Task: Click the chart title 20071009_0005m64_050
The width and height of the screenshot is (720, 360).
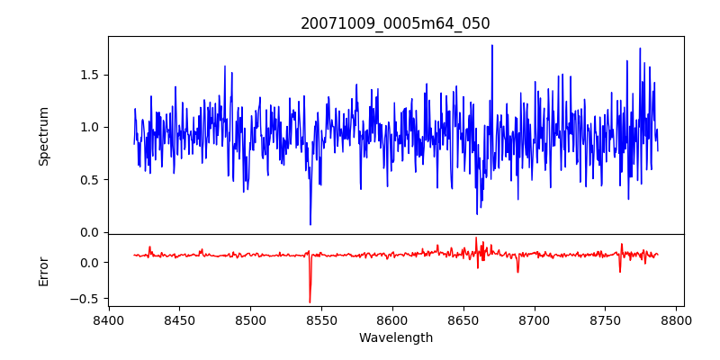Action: (395, 24)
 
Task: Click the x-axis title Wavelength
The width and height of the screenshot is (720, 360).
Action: (395, 337)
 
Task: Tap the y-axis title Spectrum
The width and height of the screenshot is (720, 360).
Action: (43, 136)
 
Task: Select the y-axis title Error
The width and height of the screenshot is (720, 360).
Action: (43, 270)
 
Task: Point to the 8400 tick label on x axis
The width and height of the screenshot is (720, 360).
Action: (109, 319)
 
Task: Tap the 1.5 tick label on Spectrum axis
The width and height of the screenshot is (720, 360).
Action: (88, 75)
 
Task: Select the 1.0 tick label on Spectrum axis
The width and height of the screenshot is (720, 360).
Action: (88, 127)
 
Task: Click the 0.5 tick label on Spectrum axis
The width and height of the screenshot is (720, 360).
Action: (88, 180)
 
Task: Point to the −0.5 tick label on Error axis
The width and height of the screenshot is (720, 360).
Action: (85, 299)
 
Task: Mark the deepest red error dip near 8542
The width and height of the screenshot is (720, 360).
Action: (310, 302)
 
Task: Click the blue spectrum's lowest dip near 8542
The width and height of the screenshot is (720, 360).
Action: (310, 224)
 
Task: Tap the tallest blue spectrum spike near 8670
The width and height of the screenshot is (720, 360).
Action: (492, 45)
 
